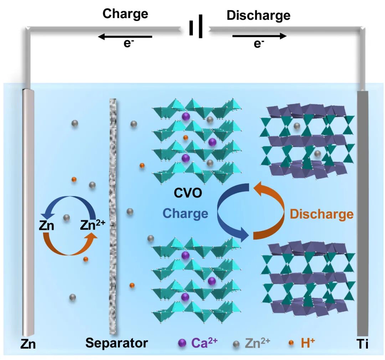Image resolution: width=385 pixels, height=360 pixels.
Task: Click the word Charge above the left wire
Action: click(125, 14)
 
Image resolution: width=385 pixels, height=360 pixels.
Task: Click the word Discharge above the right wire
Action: click(258, 15)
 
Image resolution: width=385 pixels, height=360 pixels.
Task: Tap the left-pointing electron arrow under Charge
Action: click(125, 36)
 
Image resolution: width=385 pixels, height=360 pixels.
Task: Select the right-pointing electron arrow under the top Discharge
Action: click(259, 36)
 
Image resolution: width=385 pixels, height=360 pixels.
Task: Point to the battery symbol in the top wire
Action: click(196, 26)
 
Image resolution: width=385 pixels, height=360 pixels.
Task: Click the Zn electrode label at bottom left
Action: click(28, 344)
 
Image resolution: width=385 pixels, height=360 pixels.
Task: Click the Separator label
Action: click(117, 343)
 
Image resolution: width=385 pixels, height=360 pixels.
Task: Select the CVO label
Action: click(188, 194)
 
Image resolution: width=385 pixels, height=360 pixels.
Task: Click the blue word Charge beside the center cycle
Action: click(185, 213)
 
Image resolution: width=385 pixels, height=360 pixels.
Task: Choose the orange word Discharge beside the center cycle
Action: click(322, 214)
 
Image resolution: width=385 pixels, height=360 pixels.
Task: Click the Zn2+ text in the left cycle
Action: click(92, 225)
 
